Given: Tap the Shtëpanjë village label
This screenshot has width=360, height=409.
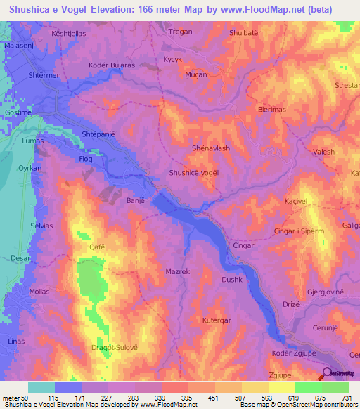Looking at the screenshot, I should point(98,134).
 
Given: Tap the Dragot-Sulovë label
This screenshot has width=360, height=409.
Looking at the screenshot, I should point(115,346).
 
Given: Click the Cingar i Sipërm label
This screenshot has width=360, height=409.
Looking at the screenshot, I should point(300,231).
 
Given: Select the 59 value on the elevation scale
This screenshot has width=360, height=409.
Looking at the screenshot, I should point(30,398).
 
